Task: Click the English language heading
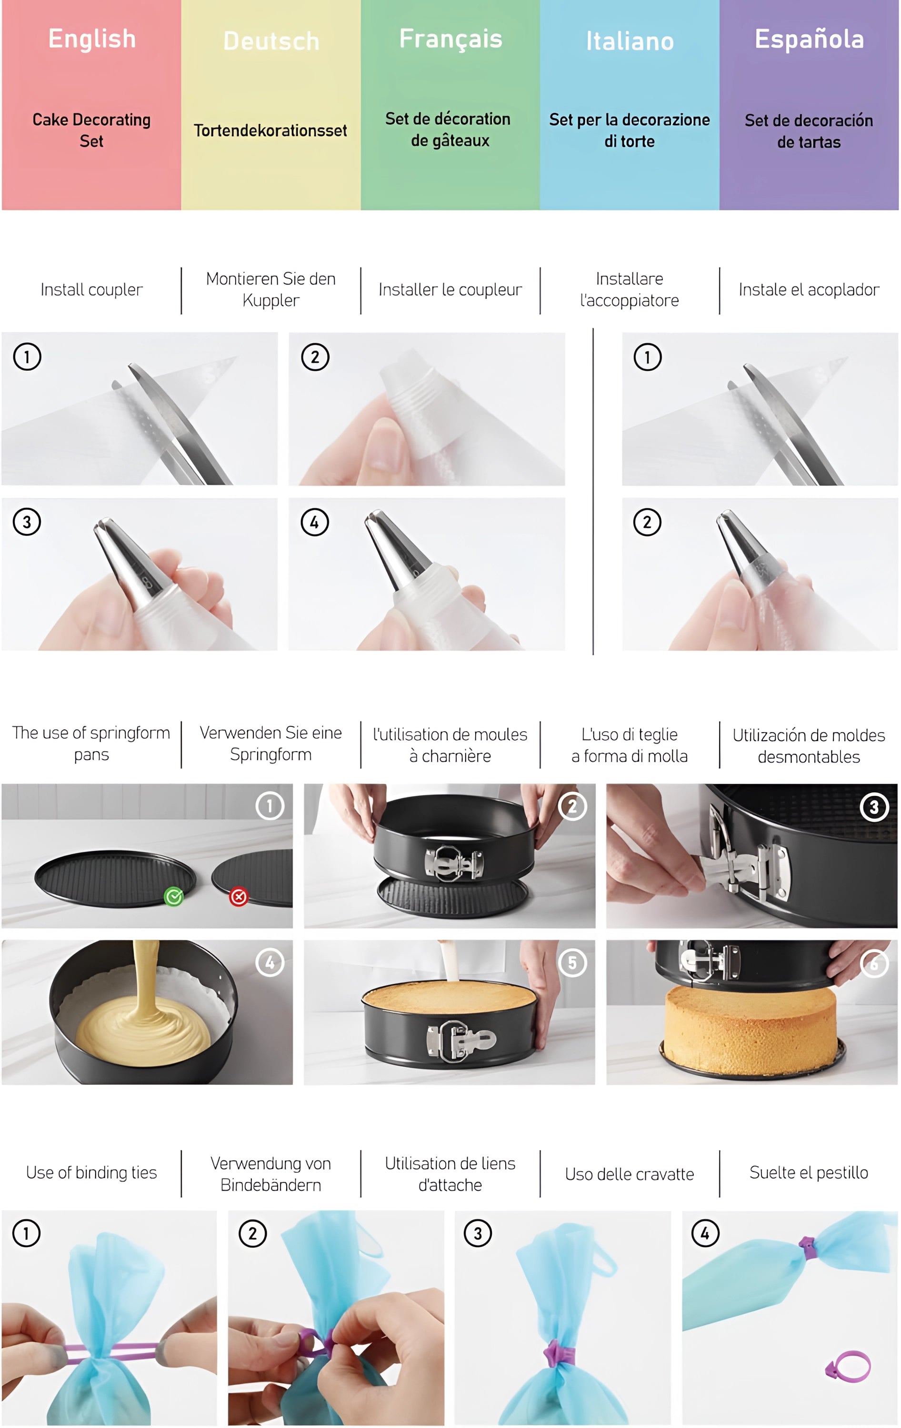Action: [92, 39]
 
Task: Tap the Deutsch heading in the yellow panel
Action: [271, 41]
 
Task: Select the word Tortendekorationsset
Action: [270, 130]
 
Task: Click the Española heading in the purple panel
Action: [809, 39]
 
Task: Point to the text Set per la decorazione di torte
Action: [630, 130]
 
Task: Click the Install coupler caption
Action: [91, 290]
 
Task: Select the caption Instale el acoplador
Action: [809, 290]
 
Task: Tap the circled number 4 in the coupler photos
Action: [314, 523]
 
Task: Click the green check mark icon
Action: [174, 897]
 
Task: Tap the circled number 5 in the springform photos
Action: [572, 962]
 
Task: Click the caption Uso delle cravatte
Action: [630, 1174]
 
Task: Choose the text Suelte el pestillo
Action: [809, 1172]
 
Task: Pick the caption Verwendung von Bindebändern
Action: [270, 1174]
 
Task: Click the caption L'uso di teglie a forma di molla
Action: [630, 745]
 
